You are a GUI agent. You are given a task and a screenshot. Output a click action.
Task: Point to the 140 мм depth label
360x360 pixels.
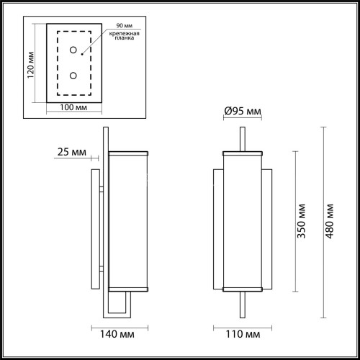tap(117, 335)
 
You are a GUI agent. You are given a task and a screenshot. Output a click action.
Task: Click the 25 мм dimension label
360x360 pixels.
tap(70, 152)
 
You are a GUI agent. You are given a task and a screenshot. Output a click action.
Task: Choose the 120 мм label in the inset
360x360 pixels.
tap(31, 68)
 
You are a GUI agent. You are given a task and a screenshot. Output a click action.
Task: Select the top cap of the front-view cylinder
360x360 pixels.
tap(243, 153)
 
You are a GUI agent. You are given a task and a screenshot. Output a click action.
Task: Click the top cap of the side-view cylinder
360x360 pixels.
tap(129, 153)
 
